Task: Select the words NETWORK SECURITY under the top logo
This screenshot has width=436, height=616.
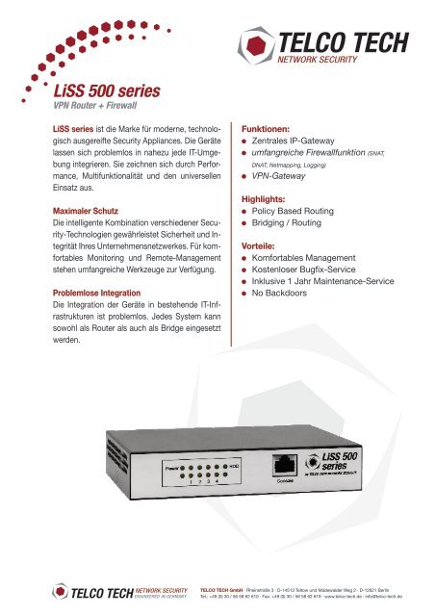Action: point(330,59)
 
